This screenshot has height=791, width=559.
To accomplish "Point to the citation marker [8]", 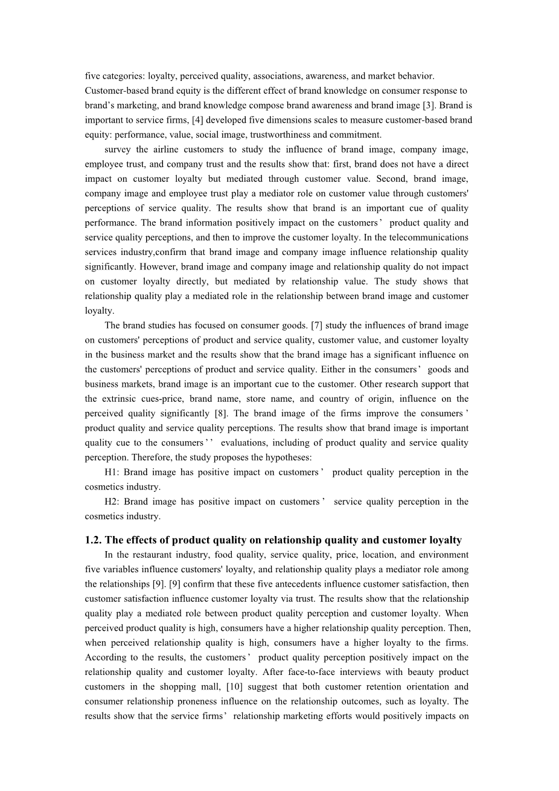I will tap(221, 413).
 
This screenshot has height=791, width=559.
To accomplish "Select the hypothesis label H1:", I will tap(112, 472).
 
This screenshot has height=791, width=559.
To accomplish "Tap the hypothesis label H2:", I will tap(112, 502).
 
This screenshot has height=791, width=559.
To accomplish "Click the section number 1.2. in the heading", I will tap(95, 540).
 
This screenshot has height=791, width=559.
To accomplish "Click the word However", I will tap(138, 266).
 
